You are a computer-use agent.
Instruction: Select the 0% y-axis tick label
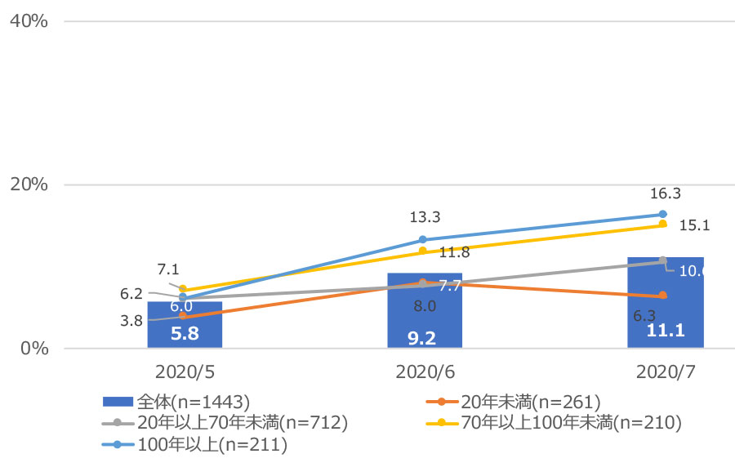(33, 348)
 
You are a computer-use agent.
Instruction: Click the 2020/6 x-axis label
(424, 371)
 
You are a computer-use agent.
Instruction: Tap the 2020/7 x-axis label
(665, 371)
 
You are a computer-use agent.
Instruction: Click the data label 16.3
(666, 193)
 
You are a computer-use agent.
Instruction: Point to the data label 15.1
(693, 226)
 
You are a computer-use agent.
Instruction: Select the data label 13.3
(425, 217)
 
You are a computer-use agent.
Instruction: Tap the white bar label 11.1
(665, 331)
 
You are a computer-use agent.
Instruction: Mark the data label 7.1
(168, 269)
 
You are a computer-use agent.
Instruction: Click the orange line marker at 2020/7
(663, 296)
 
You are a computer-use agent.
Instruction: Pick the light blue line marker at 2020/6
(423, 239)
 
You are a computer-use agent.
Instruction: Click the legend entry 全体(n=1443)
(176, 401)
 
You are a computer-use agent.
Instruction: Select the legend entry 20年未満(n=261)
(514, 401)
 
